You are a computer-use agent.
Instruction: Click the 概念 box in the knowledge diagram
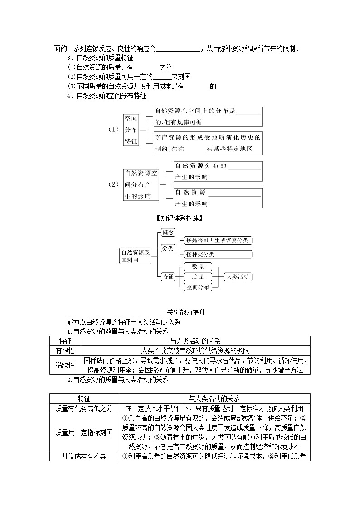click(x=168, y=233)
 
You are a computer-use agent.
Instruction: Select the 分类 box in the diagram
click(x=168, y=248)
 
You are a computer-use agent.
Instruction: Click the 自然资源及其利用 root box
click(x=135, y=256)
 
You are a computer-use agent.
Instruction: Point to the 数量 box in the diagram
click(x=198, y=267)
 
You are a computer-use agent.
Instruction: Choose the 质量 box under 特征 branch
click(x=198, y=277)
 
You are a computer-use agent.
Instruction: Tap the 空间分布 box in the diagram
click(x=198, y=287)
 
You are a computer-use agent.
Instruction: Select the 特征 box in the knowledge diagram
click(x=168, y=277)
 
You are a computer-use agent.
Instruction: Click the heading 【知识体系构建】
click(x=180, y=218)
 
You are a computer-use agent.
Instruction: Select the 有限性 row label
click(x=65, y=350)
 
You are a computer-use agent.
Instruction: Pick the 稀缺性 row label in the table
click(x=65, y=365)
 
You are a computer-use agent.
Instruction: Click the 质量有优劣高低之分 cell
click(x=84, y=408)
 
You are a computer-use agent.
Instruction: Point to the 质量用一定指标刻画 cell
click(x=84, y=432)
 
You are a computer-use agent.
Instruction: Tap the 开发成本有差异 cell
click(x=84, y=456)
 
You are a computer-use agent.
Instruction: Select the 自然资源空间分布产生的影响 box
click(x=141, y=184)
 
